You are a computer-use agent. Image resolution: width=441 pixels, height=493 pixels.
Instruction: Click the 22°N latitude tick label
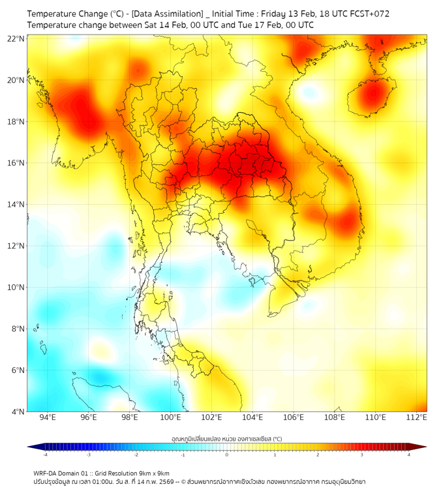point(16,38)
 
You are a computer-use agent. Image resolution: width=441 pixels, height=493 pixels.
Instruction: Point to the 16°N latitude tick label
point(16,163)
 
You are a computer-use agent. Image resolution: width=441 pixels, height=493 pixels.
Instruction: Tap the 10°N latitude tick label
point(16,288)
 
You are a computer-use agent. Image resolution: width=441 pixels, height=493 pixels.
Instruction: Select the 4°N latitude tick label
point(18,411)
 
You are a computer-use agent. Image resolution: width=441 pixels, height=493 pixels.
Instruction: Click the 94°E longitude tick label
point(48,418)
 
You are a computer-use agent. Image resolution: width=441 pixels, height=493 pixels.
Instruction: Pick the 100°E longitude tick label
point(170,418)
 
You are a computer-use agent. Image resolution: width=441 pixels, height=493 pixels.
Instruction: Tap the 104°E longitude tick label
point(252,418)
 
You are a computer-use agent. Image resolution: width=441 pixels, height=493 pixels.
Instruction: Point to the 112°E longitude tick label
point(417,418)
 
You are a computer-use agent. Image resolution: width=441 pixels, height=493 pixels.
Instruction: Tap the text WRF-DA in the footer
point(46,473)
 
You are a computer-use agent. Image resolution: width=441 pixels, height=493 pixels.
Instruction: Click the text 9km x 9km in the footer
point(155,473)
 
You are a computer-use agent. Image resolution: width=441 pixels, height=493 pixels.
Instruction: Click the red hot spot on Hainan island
point(373,93)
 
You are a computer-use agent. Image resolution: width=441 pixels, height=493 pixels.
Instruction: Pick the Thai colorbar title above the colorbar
point(226,438)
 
